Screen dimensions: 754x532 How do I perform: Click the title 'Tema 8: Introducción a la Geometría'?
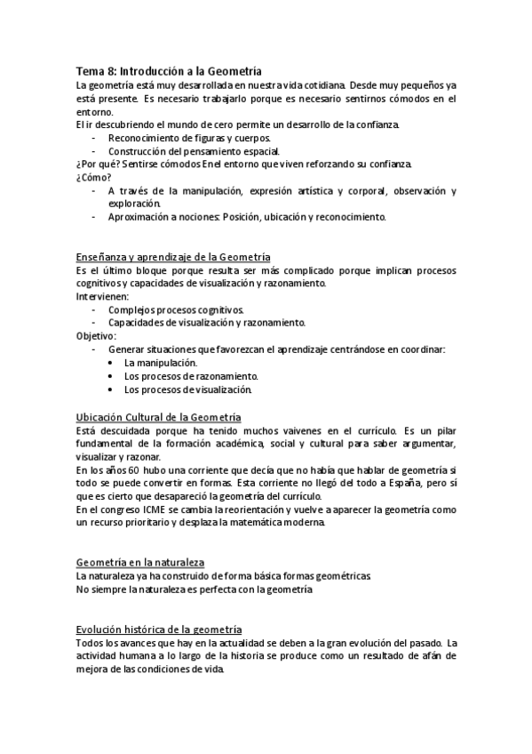pyautogui.click(x=169, y=70)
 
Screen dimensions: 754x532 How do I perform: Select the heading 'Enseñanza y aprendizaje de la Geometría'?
pyautogui.click(x=173, y=256)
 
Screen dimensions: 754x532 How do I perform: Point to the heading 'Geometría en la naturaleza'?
pyautogui.click(x=140, y=563)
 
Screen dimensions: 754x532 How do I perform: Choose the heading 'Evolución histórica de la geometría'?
pyautogui.click(x=159, y=630)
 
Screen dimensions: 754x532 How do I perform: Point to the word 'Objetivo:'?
pyautogui.click(x=97, y=336)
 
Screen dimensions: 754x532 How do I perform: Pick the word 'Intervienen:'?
pyautogui.click(x=103, y=296)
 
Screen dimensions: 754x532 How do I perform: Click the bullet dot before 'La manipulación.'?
pyautogui.click(x=110, y=363)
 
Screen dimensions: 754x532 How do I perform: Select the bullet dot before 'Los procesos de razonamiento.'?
pyautogui.click(x=110, y=376)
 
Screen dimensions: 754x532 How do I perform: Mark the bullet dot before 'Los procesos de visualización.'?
pyautogui.click(x=110, y=389)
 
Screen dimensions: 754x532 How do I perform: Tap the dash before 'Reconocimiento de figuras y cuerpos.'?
pyautogui.click(x=95, y=138)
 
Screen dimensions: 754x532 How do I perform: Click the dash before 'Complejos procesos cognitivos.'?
pyautogui.click(x=95, y=309)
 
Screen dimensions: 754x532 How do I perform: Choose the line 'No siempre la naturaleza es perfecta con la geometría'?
pyautogui.click(x=195, y=590)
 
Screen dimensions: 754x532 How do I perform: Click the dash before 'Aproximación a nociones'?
pyautogui.click(x=95, y=217)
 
